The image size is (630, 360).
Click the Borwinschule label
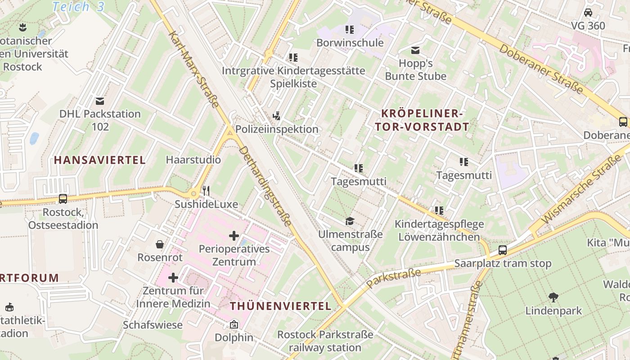pyautogui.click(x=350, y=43)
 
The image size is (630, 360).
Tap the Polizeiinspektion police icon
pyautogui.click(x=277, y=116)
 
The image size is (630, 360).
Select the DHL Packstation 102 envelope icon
pyautogui.click(x=100, y=101)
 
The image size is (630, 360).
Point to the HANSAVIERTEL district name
pyautogui.click(x=100, y=160)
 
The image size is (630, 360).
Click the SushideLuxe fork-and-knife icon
pyautogui.click(x=206, y=191)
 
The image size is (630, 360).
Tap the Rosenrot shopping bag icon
pyautogui.click(x=160, y=244)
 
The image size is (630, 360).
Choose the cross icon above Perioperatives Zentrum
pyautogui.click(x=234, y=235)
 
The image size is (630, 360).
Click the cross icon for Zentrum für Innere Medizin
pyautogui.click(x=173, y=278)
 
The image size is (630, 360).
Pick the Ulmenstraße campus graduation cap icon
pyautogui.click(x=350, y=221)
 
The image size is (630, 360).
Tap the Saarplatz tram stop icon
pyautogui.click(x=503, y=250)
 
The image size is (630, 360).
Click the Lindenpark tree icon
pyautogui.click(x=553, y=297)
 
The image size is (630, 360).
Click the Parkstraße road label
pyautogui.click(x=393, y=278)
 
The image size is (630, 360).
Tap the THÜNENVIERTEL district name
pyautogui.click(x=281, y=306)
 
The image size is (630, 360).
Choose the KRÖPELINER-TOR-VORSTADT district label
pyautogui.click(x=422, y=120)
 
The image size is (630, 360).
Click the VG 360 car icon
pyautogui.click(x=588, y=13)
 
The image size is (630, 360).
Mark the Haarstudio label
pyautogui.click(x=193, y=160)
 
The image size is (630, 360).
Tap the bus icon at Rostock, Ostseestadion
pyautogui.click(x=63, y=198)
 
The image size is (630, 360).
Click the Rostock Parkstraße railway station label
pyautogui.click(x=325, y=341)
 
